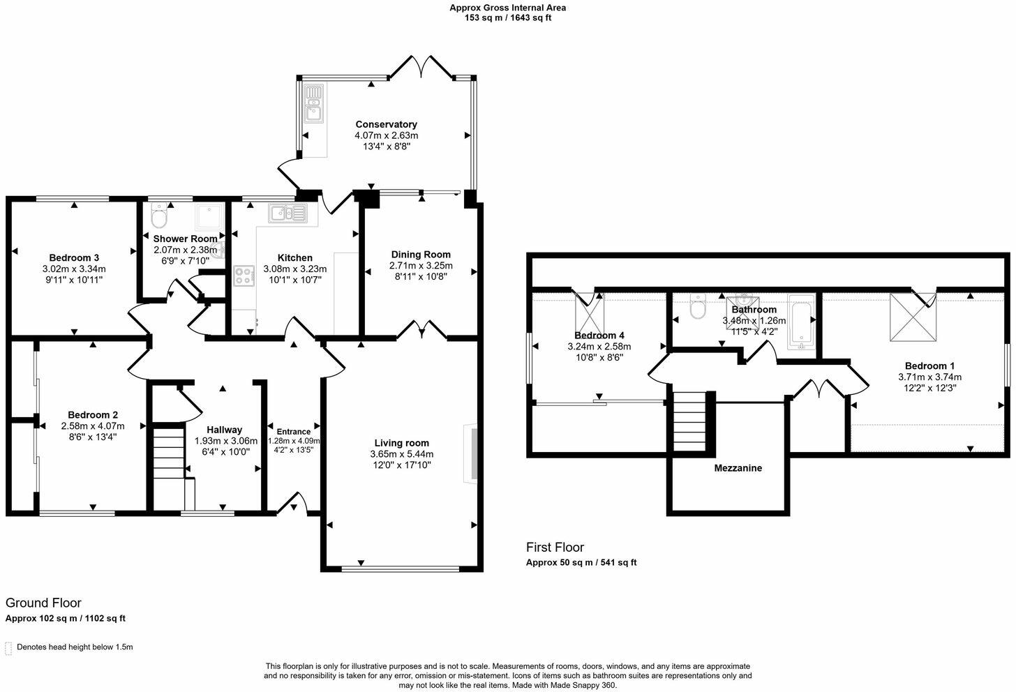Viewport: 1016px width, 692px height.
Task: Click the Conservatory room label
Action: pos(386,124)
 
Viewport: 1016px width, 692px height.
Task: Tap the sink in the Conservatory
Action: pos(313,103)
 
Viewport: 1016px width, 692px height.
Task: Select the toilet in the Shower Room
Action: pos(159,217)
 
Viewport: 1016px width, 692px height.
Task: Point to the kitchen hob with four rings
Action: pos(244,276)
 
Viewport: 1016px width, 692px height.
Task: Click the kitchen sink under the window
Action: pos(287,212)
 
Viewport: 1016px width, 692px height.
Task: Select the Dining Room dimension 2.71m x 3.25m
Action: pos(421,266)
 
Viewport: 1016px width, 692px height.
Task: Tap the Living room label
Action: pos(401,443)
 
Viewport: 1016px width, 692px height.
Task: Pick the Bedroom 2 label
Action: pos(93,415)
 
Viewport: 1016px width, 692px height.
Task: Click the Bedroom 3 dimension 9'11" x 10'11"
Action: pos(74,280)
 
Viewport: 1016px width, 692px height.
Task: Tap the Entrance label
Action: pos(293,432)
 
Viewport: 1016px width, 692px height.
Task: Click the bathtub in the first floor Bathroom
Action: pos(800,322)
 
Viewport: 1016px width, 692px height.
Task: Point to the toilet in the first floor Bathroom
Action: pos(697,307)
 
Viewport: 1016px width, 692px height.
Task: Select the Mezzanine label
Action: pos(738,468)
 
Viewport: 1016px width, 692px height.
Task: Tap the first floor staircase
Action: pos(689,423)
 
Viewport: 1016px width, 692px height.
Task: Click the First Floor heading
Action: pos(555,548)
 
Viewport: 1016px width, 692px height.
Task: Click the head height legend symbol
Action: pos(8,648)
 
